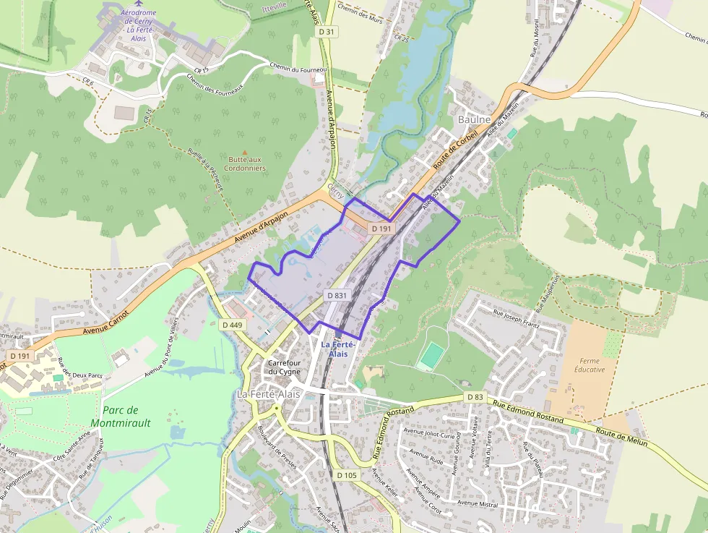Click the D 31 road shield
pos(328,32)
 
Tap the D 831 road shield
pos(337,295)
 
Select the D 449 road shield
pos(232,325)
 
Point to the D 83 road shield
pos(475,397)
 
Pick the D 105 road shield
pos(347,474)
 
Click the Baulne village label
pos(475,119)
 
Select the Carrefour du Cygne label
pos(284,367)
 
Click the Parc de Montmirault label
pos(121,417)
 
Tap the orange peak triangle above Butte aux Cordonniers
pos(244,151)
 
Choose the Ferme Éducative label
pos(592,364)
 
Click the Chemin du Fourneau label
pos(298,69)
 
